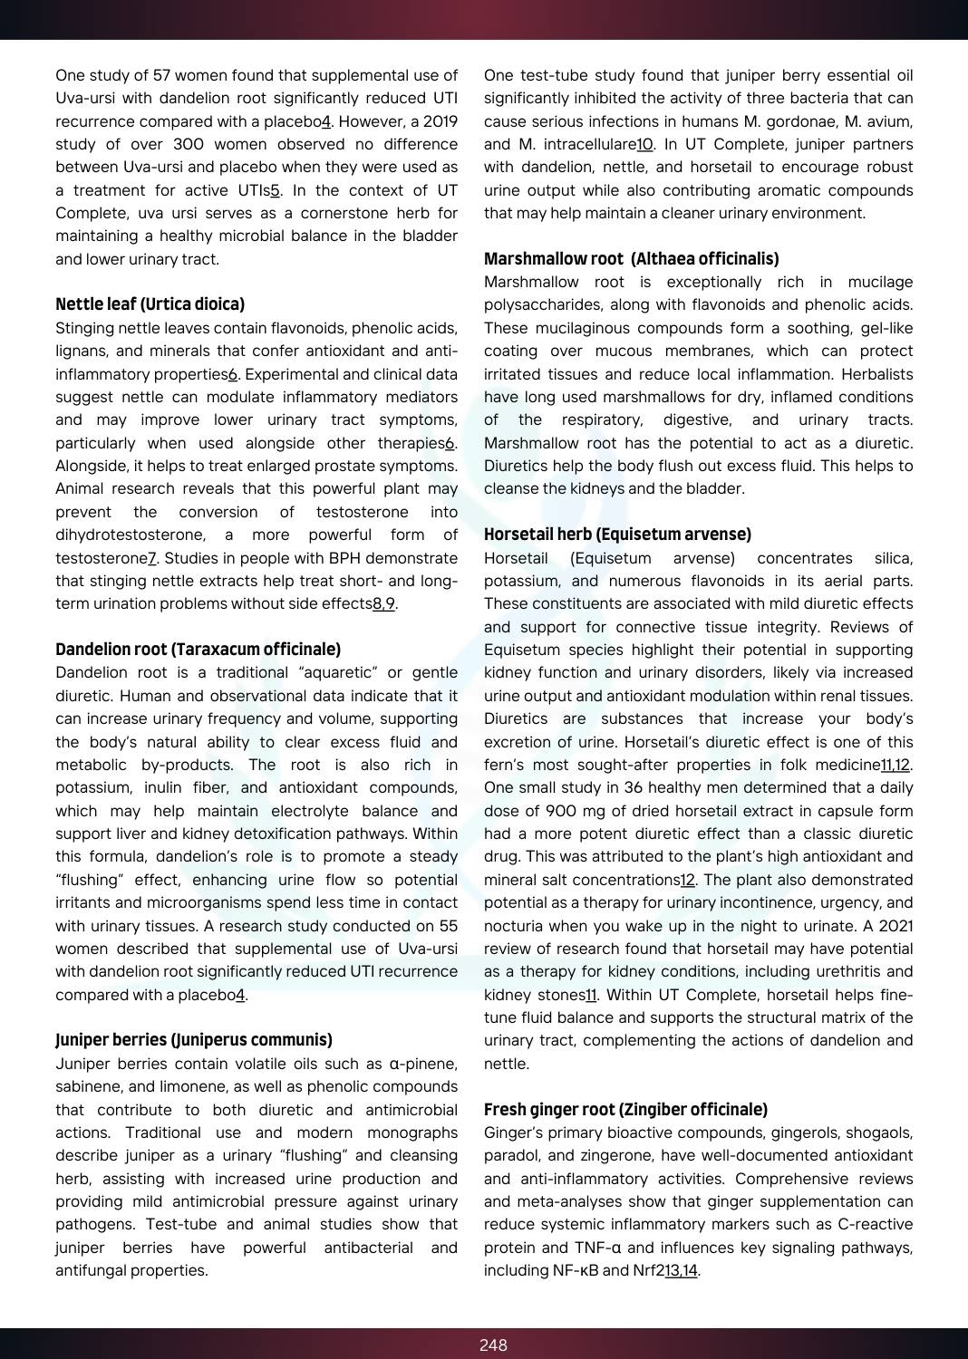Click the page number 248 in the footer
pos(493,1345)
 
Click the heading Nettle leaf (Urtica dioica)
pos(150,304)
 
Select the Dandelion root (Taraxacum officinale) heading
pos(198,649)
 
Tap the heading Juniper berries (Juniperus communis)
pos(193,1039)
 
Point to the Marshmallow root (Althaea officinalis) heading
pos(631,258)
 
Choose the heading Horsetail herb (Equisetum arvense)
pos(617,534)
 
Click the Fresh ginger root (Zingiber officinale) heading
pos(625,1109)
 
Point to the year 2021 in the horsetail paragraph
pos(895,926)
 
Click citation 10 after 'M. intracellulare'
pos(644,144)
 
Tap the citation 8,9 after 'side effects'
pos(383,603)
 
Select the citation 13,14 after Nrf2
pos(681,1270)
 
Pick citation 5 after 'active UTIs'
pos(276,190)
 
